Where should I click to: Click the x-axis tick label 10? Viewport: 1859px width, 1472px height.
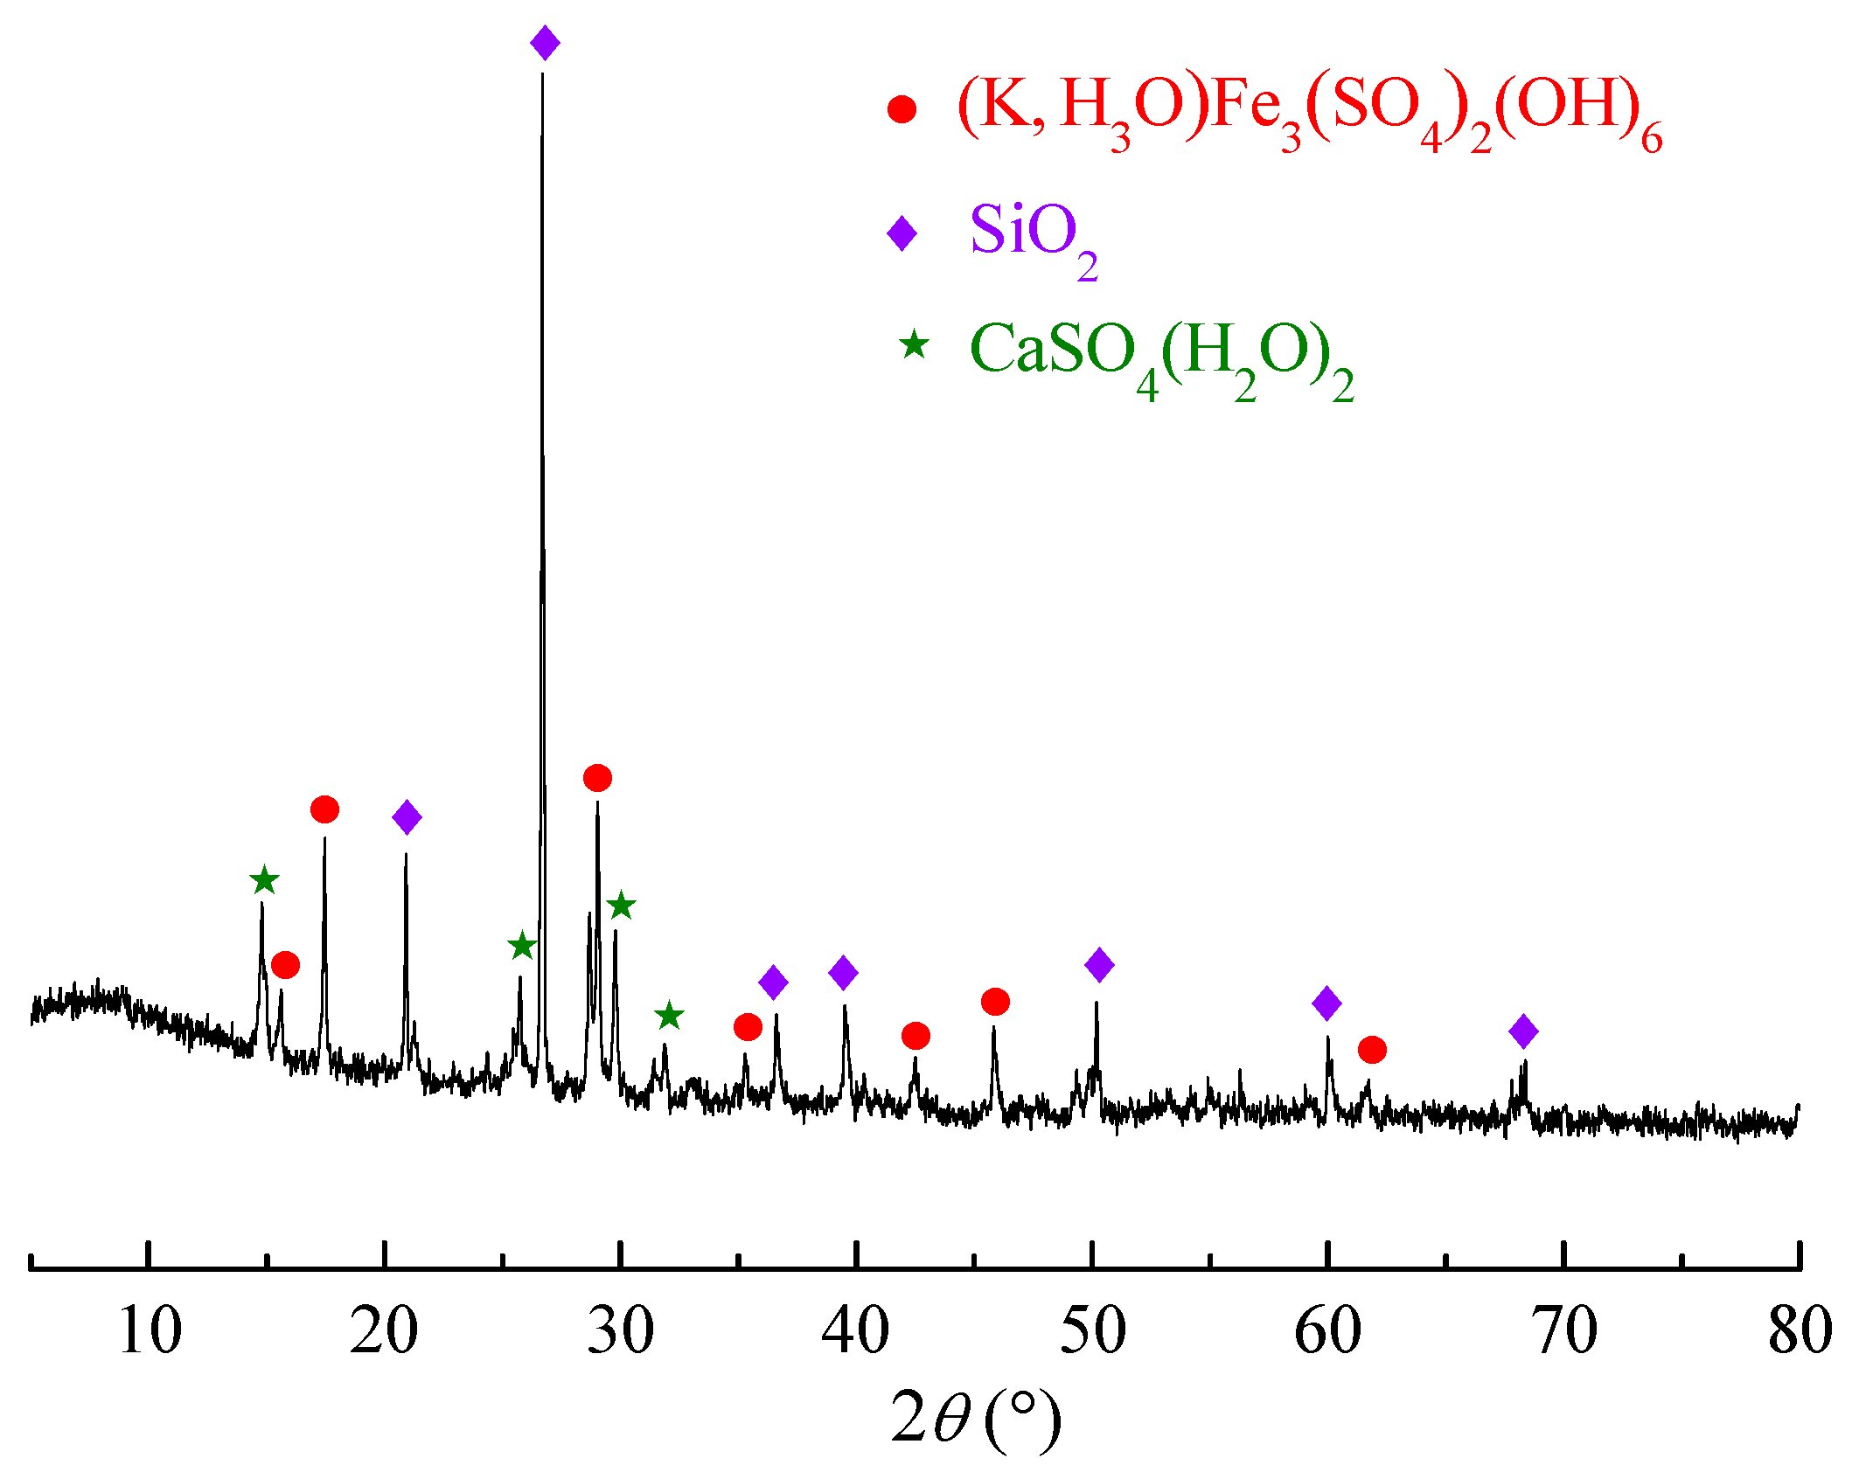click(150, 1331)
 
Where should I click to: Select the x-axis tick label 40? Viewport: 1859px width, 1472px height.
click(855, 1331)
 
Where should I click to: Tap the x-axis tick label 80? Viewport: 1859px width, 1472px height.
click(1800, 1331)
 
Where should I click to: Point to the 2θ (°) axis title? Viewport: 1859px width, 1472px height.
click(976, 1418)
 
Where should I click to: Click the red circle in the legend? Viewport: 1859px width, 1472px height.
click(902, 109)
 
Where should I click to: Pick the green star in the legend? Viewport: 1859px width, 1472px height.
click(914, 345)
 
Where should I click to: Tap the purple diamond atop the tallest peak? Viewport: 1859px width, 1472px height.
click(545, 43)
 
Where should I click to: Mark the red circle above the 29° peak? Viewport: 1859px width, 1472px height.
click(597, 777)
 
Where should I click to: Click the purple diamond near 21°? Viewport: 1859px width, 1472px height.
click(407, 817)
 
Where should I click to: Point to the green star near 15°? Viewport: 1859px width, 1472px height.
click(264, 880)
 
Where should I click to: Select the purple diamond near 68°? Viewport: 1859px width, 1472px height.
click(1523, 1031)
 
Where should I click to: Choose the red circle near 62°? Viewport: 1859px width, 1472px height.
click(1372, 1050)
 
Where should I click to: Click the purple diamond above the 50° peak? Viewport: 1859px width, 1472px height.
click(1099, 965)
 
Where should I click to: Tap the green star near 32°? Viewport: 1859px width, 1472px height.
click(669, 1016)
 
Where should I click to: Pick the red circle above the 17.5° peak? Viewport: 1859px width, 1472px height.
click(324, 809)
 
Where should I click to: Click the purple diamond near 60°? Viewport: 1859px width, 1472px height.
click(1326, 1003)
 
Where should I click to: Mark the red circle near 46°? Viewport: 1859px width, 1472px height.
click(995, 1002)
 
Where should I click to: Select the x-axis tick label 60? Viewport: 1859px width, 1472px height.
click(1327, 1331)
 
